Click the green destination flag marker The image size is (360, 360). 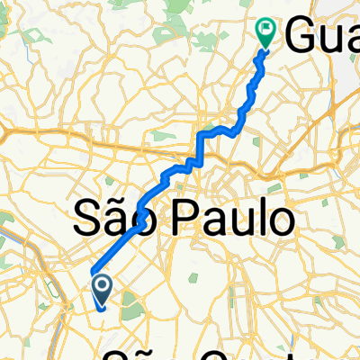tap(266, 32)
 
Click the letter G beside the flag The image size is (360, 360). tap(301, 38)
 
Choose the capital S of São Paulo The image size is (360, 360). tap(85, 218)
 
